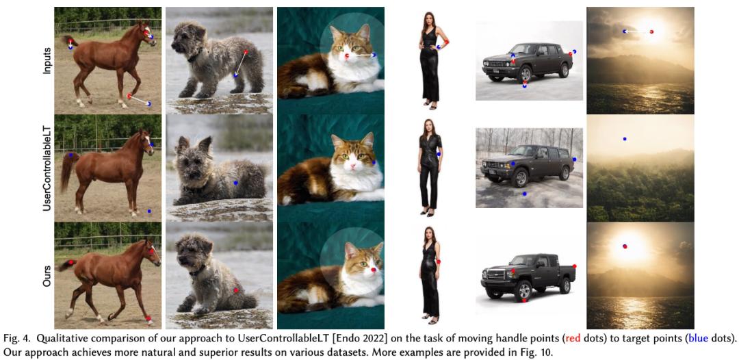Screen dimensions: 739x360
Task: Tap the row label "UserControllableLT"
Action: (x=47, y=166)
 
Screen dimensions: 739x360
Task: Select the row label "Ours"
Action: (x=47, y=277)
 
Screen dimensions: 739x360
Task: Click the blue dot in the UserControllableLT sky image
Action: (x=625, y=139)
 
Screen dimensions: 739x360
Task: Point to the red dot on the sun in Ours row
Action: (x=625, y=246)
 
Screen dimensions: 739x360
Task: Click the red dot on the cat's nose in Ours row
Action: (x=374, y=270)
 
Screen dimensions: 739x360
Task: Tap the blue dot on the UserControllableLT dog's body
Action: (x=235, y=182)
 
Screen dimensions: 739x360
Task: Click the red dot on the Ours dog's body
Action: (x=235, y=290)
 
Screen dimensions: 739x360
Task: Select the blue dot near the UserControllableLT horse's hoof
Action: (x=149, y=211)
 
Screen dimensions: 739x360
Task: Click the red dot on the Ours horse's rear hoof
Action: (x=148, y=318)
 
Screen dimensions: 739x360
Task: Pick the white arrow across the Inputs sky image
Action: (x=638, y=31)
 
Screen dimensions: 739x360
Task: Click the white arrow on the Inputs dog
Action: (x=241, y=63)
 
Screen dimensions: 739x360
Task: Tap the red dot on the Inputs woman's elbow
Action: (x=446, y=43)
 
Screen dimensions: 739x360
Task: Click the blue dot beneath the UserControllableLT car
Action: (x=524, y=194)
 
